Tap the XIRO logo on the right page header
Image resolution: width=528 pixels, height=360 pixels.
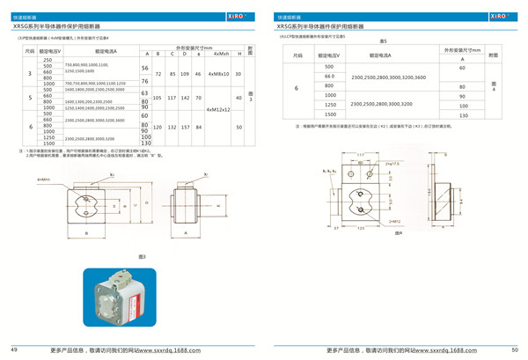point(501,16)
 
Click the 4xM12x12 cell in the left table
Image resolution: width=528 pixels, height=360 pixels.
point(218,110)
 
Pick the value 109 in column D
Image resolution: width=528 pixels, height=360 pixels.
point(184,74)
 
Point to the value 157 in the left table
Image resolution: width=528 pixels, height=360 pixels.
point(184,128)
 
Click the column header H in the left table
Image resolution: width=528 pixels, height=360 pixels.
point(239,54)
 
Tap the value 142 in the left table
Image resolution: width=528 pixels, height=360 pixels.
point(184,98)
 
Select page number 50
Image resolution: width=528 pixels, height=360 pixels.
point(515,350)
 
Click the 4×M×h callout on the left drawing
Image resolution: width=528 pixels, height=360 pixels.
point(43,179)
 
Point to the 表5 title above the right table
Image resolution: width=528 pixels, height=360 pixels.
point(384,42)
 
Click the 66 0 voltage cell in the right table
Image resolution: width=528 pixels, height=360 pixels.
point(330,77)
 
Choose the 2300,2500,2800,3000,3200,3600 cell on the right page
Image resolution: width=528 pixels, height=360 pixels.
point(388,77)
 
